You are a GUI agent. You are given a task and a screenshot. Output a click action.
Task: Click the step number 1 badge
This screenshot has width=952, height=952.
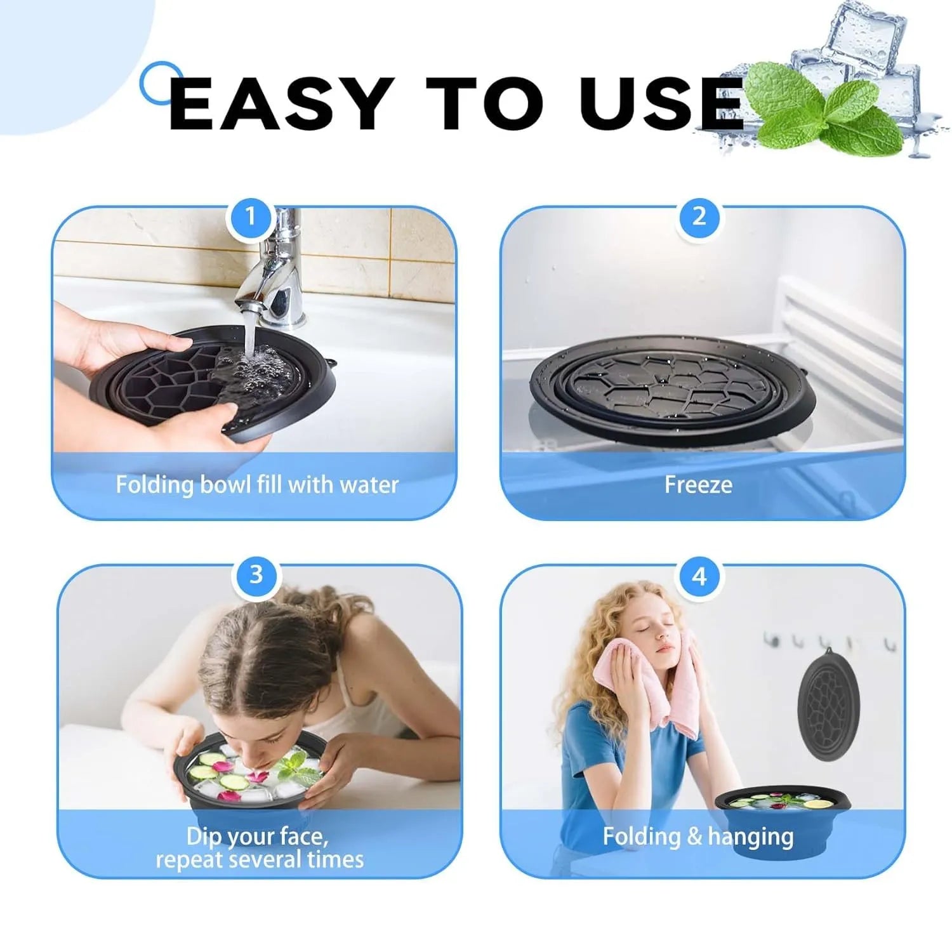250,217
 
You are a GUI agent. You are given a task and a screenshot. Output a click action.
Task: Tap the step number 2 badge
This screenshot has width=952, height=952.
699,217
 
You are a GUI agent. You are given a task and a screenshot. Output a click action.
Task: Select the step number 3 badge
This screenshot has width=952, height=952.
256,575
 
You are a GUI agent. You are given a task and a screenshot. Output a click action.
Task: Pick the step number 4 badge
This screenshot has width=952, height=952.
699,576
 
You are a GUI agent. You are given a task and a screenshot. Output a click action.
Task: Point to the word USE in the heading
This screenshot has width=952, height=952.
661,103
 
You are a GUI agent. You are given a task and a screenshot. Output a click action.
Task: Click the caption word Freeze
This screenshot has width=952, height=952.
698,485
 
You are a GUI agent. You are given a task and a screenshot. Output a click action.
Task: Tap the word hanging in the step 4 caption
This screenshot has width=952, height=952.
751,837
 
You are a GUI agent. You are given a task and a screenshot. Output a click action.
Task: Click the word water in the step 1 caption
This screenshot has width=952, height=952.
369,486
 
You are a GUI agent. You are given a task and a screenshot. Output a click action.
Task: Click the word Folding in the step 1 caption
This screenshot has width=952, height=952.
155,486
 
